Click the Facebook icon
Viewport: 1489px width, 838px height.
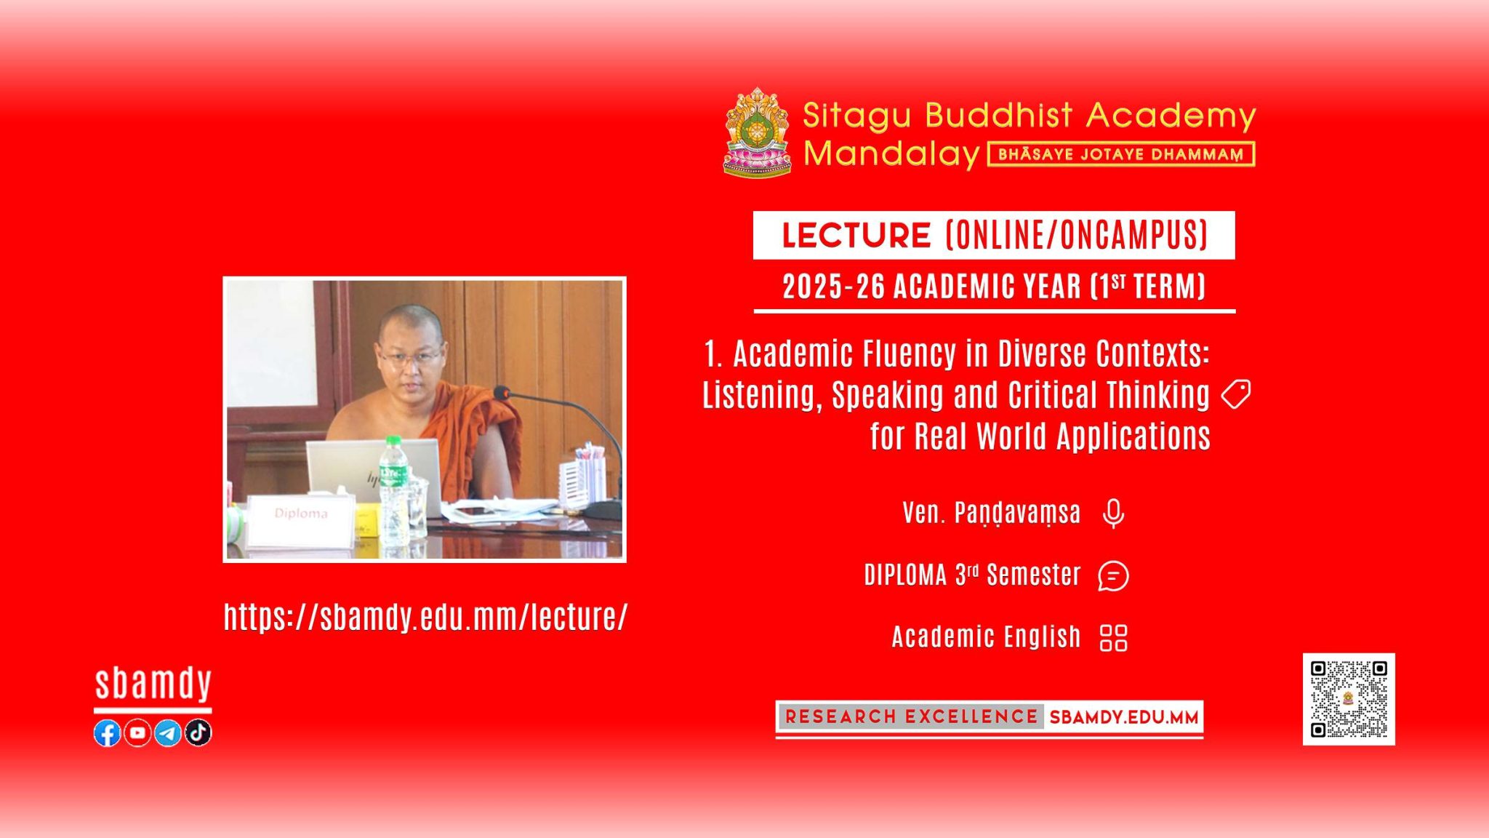[107, 733]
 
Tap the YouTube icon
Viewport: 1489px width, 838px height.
[137, 733]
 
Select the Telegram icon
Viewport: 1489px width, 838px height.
[168, 733]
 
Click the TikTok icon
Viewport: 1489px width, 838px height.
[198, 733]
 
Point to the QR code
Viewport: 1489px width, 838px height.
[1349, 699]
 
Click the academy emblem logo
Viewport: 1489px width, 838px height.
[757, 133]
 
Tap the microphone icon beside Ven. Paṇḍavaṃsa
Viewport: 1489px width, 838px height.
[1113, 514]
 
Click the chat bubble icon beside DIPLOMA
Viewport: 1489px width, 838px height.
[1113, 576]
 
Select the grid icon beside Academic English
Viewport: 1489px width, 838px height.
[1114, 638]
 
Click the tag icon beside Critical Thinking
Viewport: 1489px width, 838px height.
[1235, 394]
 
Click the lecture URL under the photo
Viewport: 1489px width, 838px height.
[425, 617]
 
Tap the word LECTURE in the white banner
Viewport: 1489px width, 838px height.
[856, 236]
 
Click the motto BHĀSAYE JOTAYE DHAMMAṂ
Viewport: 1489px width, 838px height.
[1120, 154]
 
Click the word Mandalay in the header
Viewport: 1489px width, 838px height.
[892, 154]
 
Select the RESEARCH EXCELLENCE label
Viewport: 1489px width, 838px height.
[911, 717]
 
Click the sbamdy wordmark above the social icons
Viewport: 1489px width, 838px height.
[153, 684]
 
